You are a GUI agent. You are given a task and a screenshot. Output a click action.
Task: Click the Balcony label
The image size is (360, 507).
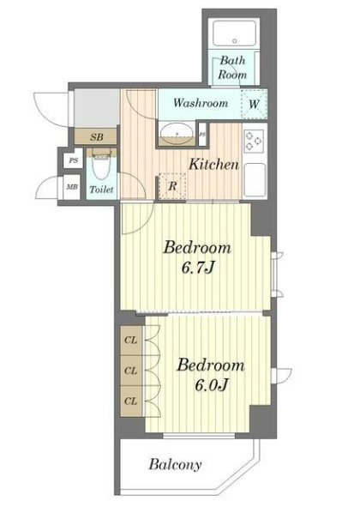point(175,465)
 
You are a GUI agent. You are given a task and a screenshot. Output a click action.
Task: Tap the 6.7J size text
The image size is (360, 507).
point(198,268)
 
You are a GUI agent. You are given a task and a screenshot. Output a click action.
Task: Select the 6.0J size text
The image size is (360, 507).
point(212,384)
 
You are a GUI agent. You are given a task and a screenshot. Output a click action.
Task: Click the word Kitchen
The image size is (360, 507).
point(213,164)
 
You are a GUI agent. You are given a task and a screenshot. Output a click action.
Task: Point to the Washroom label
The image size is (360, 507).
point(201,103)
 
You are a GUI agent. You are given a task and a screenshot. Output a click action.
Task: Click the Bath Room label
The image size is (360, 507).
point(232,68)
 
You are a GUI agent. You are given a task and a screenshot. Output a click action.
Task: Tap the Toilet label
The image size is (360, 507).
point(101,190)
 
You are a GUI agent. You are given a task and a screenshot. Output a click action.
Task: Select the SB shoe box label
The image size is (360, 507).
point(97,137)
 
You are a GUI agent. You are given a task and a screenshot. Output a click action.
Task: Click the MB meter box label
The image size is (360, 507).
point(72,187)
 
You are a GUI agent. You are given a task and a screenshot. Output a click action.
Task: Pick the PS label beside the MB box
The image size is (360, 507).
point(74,160)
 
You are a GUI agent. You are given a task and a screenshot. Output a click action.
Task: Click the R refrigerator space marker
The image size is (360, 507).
point(173,186)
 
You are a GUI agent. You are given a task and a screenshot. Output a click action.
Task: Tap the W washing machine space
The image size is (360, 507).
point(254,104)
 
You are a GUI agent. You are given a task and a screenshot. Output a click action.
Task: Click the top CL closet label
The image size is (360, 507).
point(131,341)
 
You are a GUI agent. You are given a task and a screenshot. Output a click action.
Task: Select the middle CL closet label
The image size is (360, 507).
point(131,371)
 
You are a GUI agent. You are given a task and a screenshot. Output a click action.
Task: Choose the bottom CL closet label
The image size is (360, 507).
point(131,401)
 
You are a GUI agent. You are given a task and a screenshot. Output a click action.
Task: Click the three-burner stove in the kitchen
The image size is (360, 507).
point(254,141)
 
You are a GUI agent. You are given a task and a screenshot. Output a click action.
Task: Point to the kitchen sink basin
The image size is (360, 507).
point(255,180)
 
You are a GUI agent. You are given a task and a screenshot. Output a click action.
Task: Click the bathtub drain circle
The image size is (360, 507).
point(235,41)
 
